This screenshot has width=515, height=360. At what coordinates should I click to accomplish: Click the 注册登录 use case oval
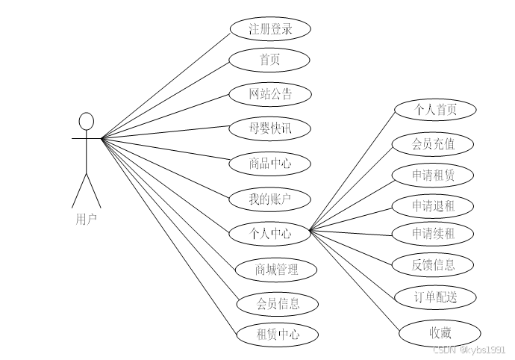pyautogui.click(x=269, y=29)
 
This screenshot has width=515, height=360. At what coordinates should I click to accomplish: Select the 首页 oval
pyautogui.click(x=269, y=60)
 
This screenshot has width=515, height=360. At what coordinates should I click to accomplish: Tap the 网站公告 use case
pyautogui.click(x=269, y=94)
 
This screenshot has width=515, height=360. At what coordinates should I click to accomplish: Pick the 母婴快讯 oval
pyautogui.click(x=269, y=128)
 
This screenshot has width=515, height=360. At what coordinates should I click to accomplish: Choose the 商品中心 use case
pyautogui.click(x=269, y=163)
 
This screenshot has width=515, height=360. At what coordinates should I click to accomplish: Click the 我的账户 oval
pyautogui.click(x=269, y=199)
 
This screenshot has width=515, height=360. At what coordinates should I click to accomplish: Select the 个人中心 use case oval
pyautogui.click(x=269, y=234)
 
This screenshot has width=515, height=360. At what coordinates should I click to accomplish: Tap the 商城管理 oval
pyautogui.click(x=276, y=269)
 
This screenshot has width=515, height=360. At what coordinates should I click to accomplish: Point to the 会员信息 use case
pyautogui.click(x=278, y=303)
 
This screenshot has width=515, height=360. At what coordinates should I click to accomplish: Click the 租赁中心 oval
pyautogui.click(x=278, y=335)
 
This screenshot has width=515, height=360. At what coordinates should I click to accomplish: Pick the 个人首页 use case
pyautogui.click(x=435, y=110)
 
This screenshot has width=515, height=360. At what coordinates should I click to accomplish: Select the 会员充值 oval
pyautogui.click(x=433, y=144)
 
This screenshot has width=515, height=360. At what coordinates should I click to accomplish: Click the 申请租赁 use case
pyautogui.click(x=433, y=176)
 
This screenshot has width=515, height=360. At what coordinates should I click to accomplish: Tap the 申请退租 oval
pyautogui.click(x=433, y=205)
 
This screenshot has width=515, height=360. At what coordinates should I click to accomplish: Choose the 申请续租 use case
pyautogui.click(x=433, y=233)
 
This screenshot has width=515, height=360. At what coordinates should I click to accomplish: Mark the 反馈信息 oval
pyautogui.click(x=433, y=264)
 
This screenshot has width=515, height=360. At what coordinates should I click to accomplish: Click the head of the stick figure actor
pyautogui.click(x=87, y=121)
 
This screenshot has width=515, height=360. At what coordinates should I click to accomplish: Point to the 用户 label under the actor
pyautogui.click(x=86, y=219)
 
